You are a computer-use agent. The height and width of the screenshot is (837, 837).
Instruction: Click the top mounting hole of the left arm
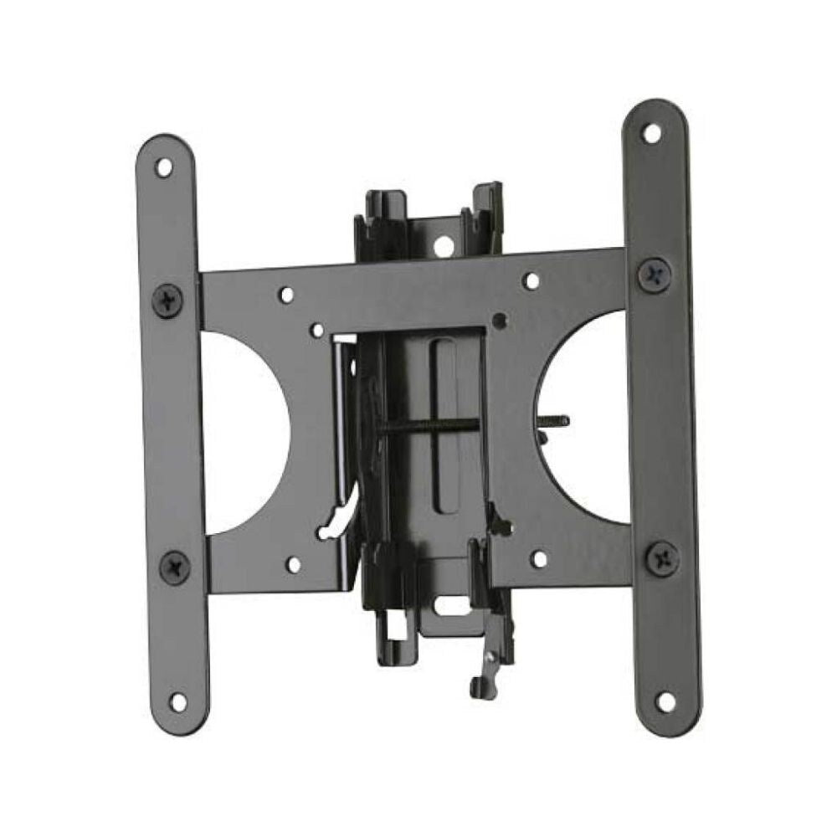click(164, 167)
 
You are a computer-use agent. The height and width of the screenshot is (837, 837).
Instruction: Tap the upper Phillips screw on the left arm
click(167, 299)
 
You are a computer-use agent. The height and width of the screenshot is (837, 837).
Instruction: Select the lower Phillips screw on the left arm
click(175, 567)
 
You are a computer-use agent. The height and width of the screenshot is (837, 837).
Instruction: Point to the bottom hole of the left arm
click(177, 700)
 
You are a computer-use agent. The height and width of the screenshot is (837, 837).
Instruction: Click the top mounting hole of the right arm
click(651, 132)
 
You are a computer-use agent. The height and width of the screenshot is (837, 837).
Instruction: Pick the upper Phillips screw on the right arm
click(654, 274)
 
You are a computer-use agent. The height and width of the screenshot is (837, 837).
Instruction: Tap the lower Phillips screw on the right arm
click(662, 557)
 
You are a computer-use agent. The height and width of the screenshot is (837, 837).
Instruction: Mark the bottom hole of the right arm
click(665, 700)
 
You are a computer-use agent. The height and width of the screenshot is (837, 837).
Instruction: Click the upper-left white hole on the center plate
click(286, 295)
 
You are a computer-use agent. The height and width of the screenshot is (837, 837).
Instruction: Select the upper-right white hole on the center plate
click(531, 281)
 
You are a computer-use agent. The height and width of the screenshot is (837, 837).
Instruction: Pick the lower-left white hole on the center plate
click(294, 564)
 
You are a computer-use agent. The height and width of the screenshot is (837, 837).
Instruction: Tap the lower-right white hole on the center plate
click(539, 558)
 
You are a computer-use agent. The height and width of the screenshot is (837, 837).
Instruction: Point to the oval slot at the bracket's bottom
click(456, 604)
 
